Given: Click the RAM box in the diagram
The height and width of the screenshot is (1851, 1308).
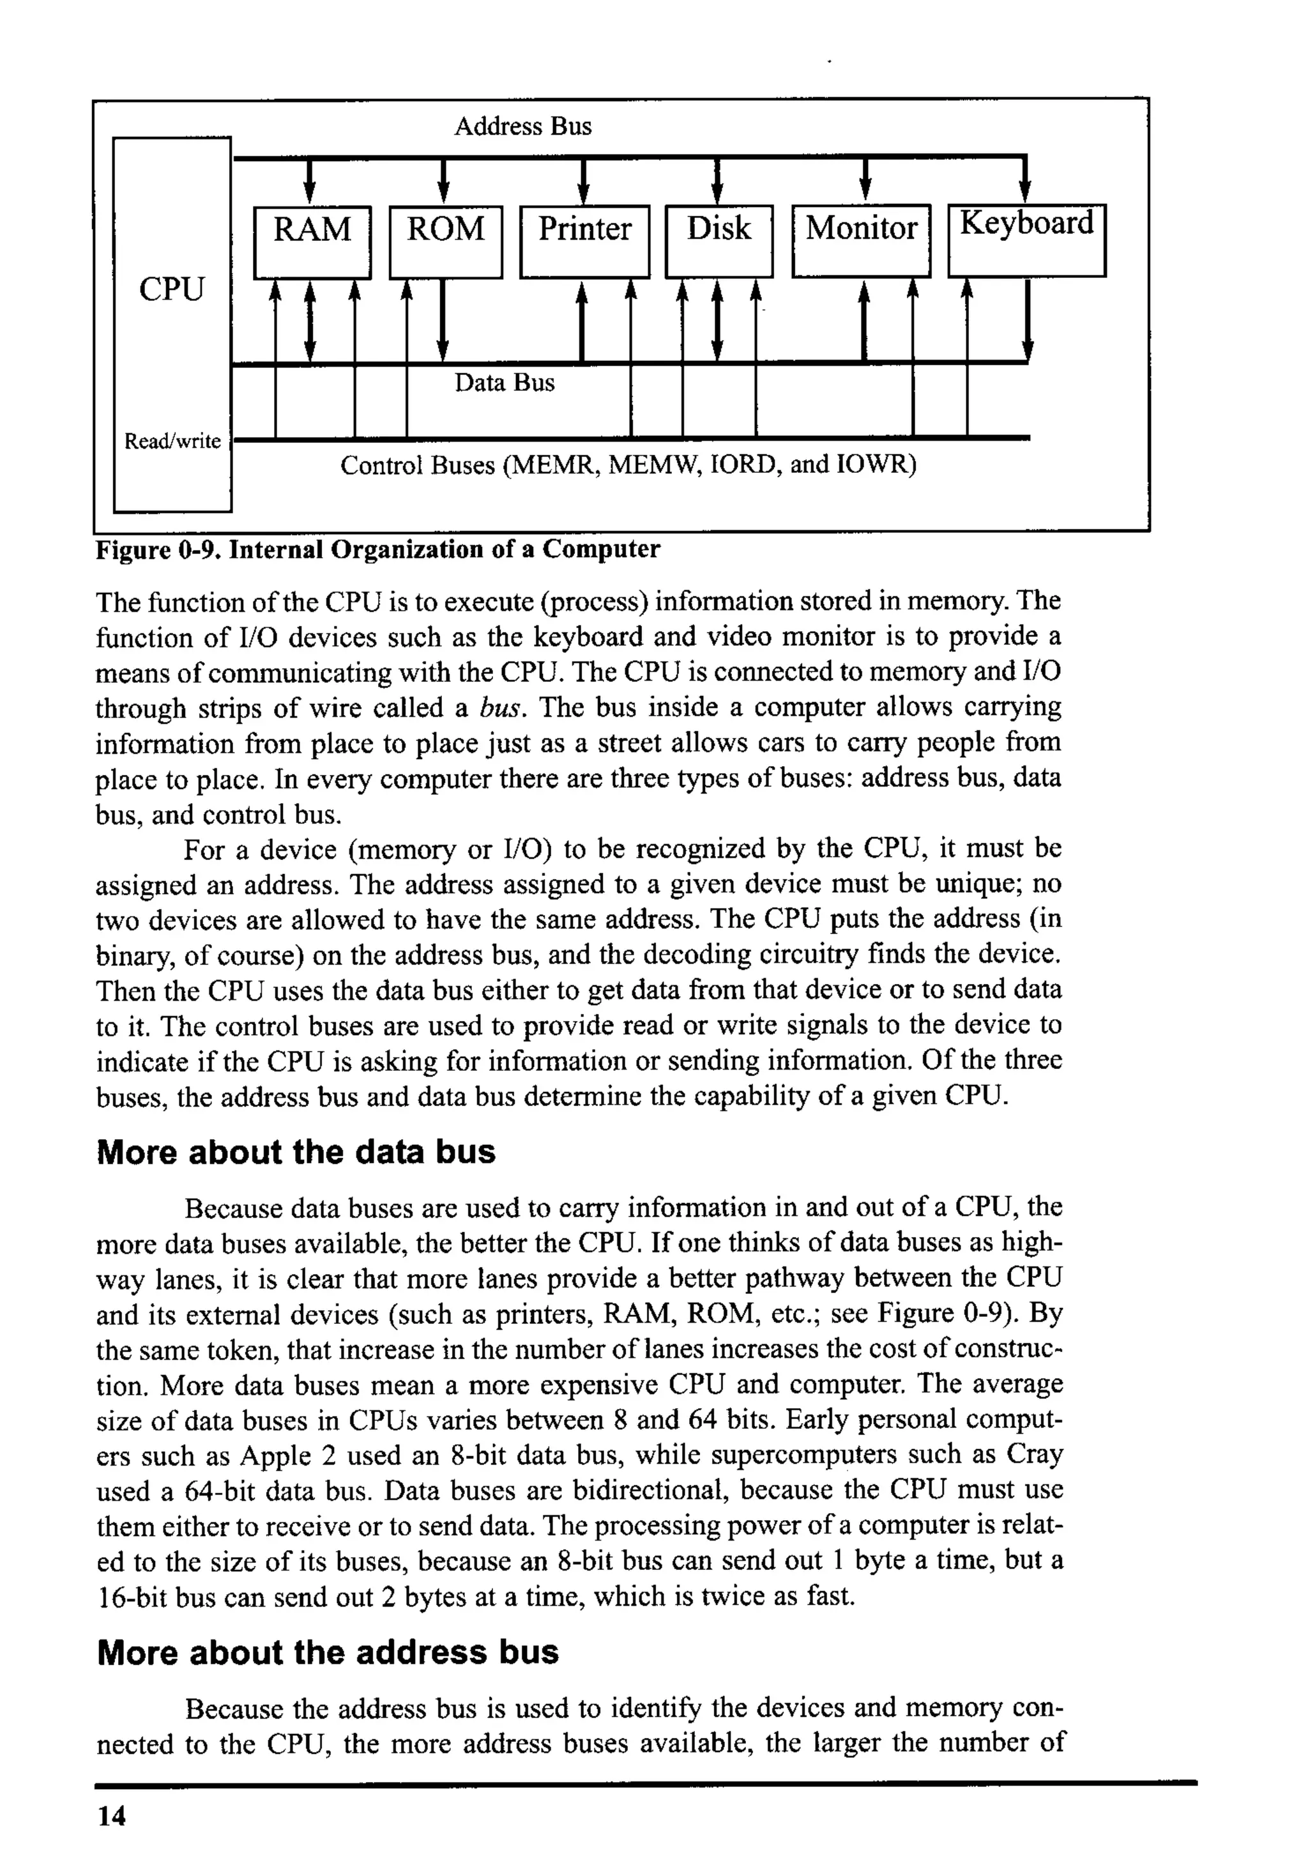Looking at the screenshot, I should coord(312,242).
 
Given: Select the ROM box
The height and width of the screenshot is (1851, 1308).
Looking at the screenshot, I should coord(446,242).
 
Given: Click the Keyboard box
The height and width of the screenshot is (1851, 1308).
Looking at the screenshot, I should coord(1026,240).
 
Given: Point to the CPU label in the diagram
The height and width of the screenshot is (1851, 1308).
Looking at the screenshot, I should coord(172,289).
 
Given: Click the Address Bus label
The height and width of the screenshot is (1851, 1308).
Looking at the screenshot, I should coord(522,127).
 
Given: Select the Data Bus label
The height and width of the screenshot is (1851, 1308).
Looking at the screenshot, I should coord(505,382).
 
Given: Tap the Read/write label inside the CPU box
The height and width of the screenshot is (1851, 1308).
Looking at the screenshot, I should coord(172,441).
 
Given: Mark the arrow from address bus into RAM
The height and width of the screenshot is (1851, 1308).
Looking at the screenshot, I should coord(308,181).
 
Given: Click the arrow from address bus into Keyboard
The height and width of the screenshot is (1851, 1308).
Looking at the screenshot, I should coord(1025,181).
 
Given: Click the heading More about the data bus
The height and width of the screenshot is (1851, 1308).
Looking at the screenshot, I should coord(296,1152).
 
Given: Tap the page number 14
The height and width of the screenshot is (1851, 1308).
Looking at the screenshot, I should coord(111,1816).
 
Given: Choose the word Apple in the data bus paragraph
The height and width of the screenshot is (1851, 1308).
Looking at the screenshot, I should coord(276,1456).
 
